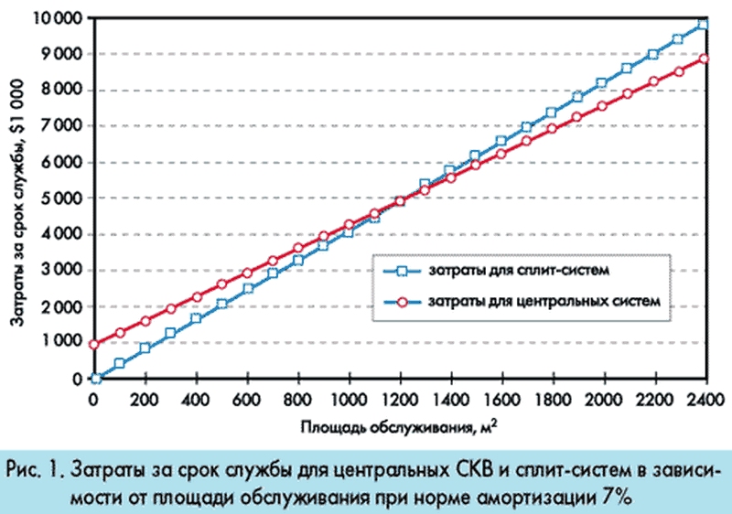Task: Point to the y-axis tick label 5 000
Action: tap(64, 198)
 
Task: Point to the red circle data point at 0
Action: tap(94, 345)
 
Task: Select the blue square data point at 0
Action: tap(94, 378)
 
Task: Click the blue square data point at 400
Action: tap(196, 318)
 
